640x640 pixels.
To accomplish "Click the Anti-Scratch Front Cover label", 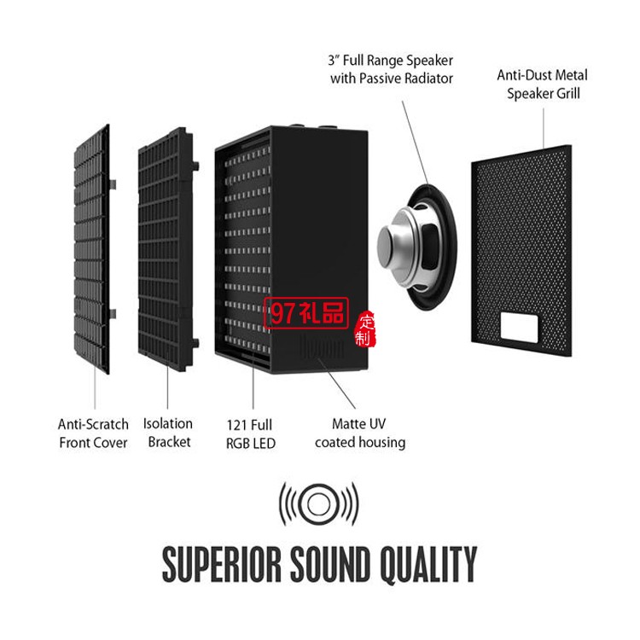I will [x=93, y=433].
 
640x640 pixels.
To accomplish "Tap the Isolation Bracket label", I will [x=168, y=433].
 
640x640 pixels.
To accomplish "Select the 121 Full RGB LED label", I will [x=251, y=433].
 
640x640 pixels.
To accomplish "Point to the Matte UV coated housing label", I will [x=359, y=433].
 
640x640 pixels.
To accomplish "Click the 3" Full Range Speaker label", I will [x=392, y=69].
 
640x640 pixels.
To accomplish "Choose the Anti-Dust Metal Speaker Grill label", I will [x=543, y=84].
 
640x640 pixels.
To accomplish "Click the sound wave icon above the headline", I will [x=318, y=503].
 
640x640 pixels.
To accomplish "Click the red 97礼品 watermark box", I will [x=307, y=313].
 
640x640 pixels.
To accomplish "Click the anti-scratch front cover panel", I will [x=92, y=247].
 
